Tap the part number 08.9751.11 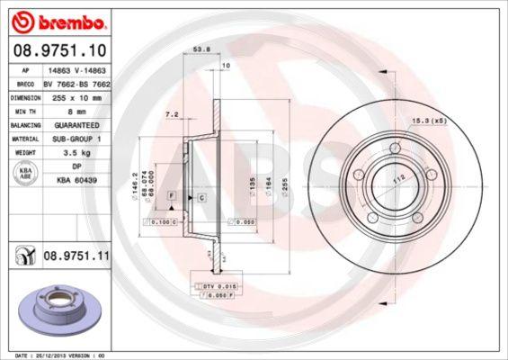pos(76,258)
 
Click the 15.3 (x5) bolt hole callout pos(429,119)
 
